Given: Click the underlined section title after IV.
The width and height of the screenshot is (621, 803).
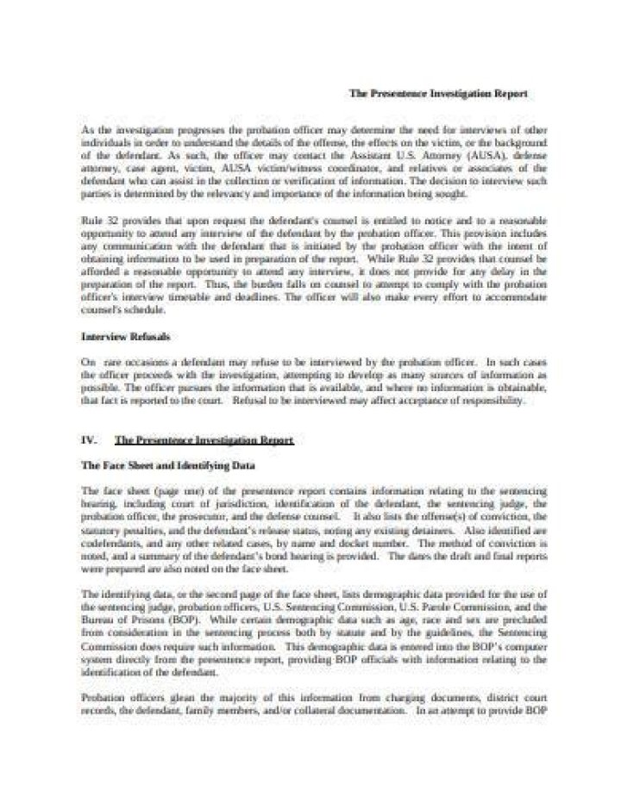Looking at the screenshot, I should click(204, 440).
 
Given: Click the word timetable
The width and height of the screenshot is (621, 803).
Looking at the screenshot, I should click(212, 297).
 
